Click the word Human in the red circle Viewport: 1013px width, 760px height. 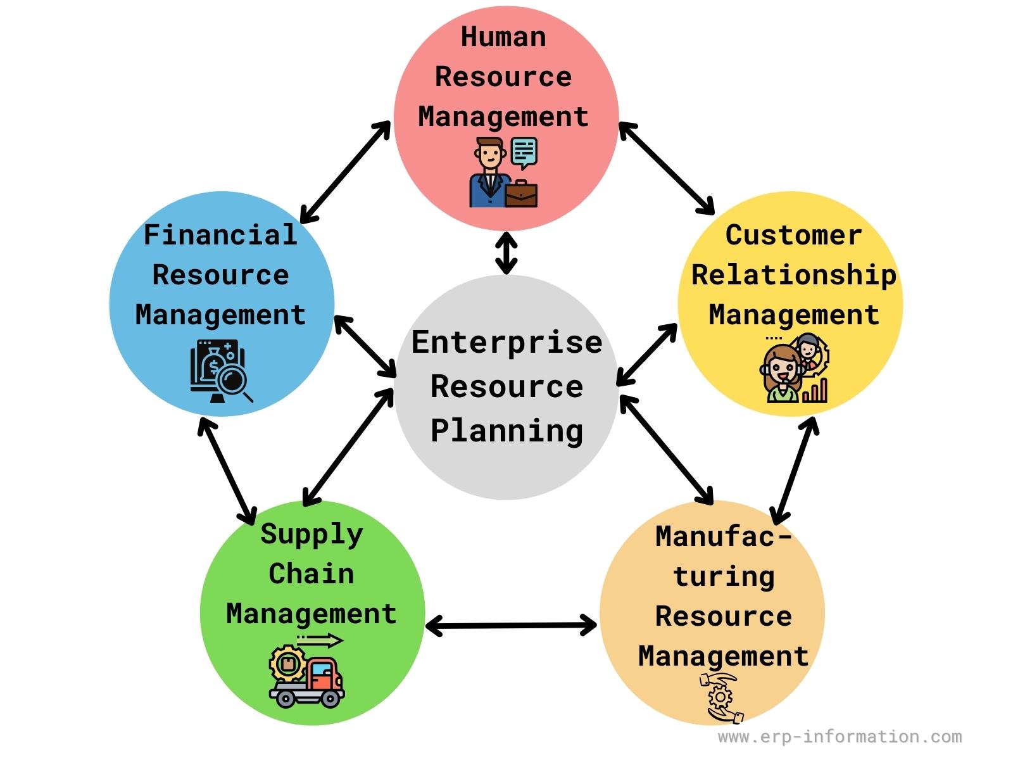[x=503, y=37]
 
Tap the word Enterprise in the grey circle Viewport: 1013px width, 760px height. [x=507, y=343]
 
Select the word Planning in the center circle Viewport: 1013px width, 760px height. [x=507, y=432]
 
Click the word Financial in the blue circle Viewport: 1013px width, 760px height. [x=220, y=234]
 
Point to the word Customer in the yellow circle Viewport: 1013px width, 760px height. [x=793, y=235]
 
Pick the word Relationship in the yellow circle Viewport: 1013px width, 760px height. [x=794, y=275]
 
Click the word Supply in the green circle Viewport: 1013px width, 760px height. [x=311, y=535]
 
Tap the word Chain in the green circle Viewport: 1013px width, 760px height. [x=311, y=574]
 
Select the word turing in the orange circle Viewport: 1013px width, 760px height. [x=724, y=577]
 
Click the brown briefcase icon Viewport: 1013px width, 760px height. [x=521, y=194]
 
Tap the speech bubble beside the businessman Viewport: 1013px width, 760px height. [x=524, y=153]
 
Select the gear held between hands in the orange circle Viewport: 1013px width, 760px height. [x=720, y=696]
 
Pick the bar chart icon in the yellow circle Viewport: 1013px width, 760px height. [x=815, y=390]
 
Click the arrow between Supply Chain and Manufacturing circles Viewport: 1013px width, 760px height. [x=511, y=626]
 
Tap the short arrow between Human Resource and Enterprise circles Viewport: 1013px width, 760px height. [x=507, y=253]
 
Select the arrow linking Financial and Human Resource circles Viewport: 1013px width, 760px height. [x=345, y=172]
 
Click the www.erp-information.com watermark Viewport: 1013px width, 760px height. [x=840, y=737]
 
